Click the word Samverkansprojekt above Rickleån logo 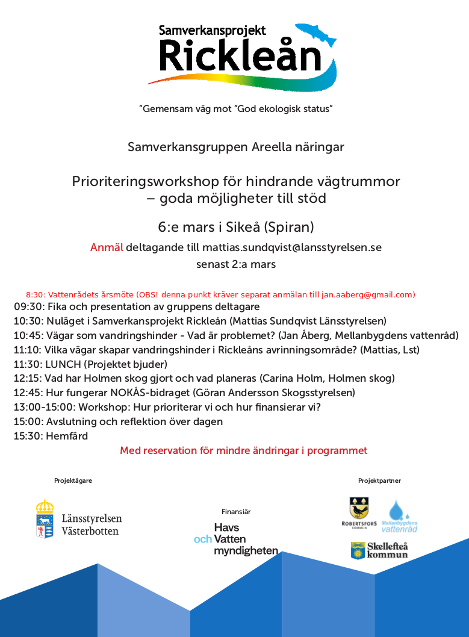(212, 31)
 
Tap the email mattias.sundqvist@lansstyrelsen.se (291, 247)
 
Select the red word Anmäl (107, 247)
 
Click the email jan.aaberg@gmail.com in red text (367, 294)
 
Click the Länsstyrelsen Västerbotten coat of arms (45, 518)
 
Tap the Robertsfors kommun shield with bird (359, 508)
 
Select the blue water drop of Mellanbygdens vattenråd (396, 511)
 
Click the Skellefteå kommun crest (359, 550)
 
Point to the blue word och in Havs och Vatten (202, 539)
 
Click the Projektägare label (73, 480)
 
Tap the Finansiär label (236, 512)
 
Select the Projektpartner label (379, 480)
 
